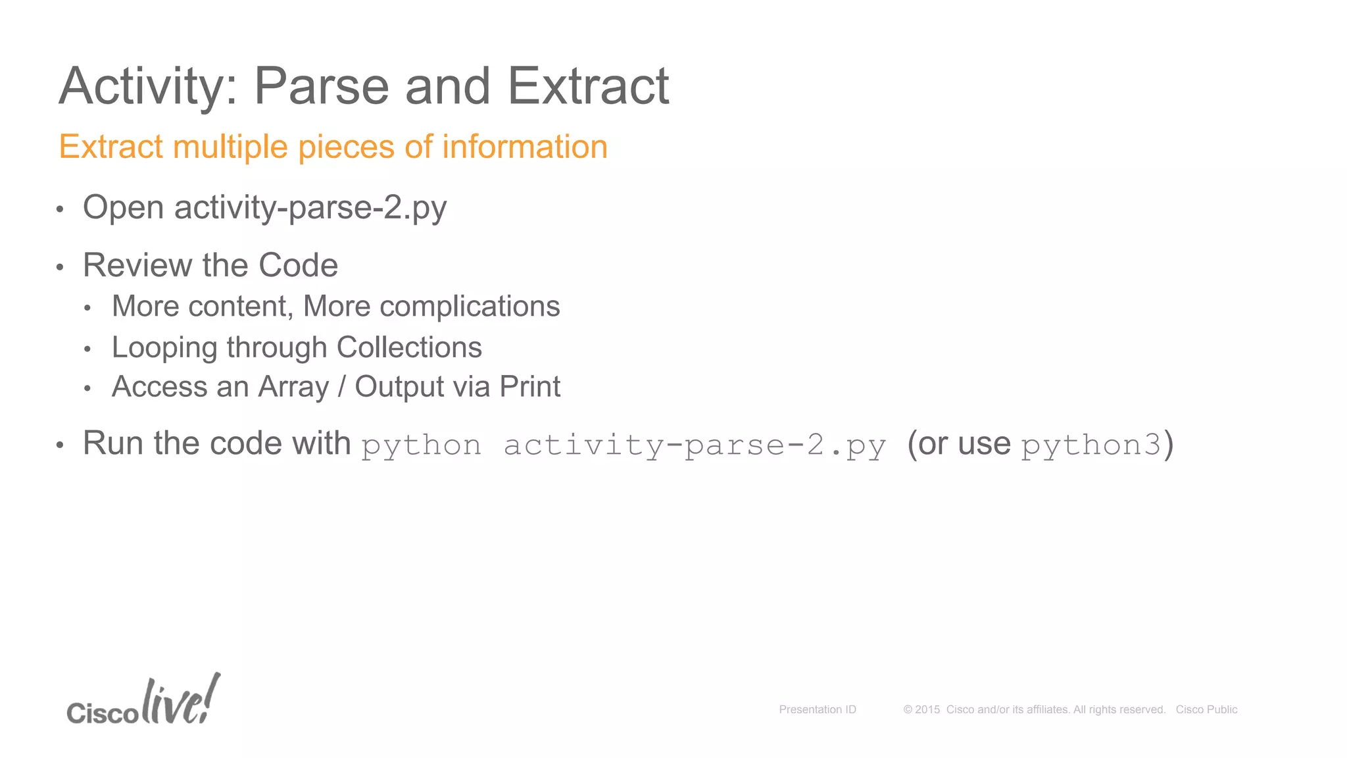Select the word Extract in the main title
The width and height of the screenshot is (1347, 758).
point(588,86)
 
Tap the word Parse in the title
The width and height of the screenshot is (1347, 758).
point(322,86)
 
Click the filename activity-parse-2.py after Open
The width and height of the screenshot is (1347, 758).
point(310,209)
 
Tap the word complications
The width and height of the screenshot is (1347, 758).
point(470,307)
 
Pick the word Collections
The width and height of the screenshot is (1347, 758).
point(408,347)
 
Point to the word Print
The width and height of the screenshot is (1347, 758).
point(529,387)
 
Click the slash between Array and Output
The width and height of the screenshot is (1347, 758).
point(341,388)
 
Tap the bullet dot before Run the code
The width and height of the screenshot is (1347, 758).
point(60,445)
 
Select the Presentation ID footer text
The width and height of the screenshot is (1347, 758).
point(818,709)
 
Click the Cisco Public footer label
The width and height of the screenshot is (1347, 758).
point(1206,709)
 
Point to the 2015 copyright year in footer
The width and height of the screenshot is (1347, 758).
point(927,709)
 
